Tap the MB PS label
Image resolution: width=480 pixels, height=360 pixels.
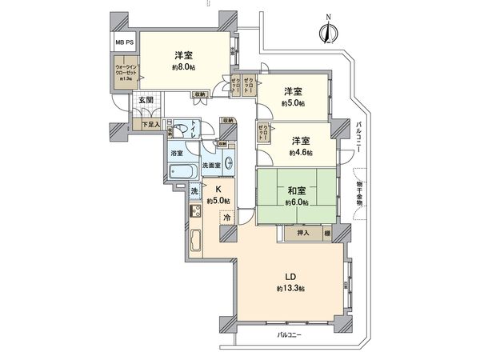(x=124, y=42)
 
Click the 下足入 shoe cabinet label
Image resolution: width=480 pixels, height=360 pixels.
(x=151, y=124)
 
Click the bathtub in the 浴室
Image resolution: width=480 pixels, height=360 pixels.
(x=182, y=171)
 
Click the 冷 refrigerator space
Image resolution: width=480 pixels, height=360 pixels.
(x=227, y=218)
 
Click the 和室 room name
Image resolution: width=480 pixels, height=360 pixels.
(x=298, y=190)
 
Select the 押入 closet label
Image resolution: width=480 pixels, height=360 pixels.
(x=304, y=234)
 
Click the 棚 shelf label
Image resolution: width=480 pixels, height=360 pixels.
(x=328, y=234)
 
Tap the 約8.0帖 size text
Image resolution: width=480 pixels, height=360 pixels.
(x=183, y=68)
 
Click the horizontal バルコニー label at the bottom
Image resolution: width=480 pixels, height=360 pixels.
(x=290, y=334)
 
